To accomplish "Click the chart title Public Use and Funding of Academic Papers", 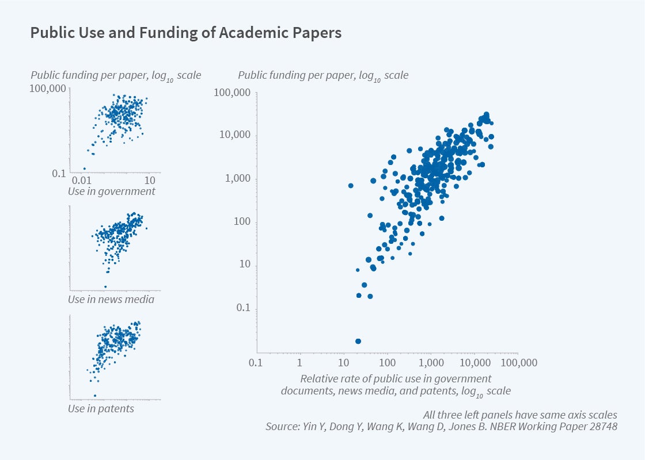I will point(185,33).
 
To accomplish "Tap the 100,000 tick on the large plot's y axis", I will point(232,93).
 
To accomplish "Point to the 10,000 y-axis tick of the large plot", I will point(235,136).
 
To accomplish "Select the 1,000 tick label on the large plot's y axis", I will point(237,179).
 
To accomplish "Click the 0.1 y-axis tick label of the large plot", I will point(243,308).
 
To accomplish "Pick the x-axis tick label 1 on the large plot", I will point(299,363).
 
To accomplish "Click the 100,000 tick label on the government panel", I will point(48,90).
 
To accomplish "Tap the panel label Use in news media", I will point(111,300).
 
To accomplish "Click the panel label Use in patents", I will point(101,409).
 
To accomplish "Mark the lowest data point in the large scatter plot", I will point(358,341).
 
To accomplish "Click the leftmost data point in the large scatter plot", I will point(351,186).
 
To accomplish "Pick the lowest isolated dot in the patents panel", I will point(95,396).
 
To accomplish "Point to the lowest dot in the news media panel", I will point(105,286).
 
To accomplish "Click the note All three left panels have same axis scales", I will point(520,415).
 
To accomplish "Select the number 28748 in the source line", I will point(602,427).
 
